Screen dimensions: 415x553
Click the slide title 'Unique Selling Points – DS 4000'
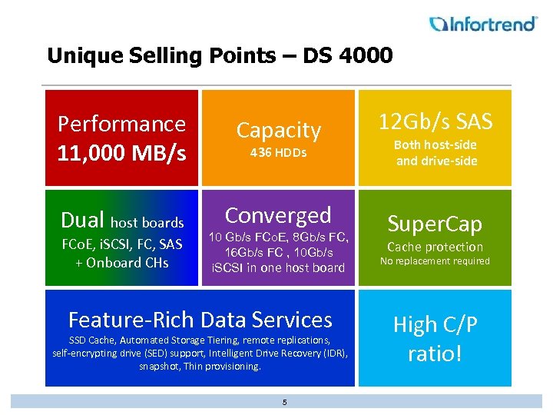pyautogui.click(x=220, y=56)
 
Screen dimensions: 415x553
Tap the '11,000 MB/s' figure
pyautogui.click(x=121, y=153)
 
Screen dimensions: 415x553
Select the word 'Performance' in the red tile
pyautogui.click(x=121, y=124)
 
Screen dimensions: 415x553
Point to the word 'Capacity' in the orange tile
pyautogui.click(x=278, y=130)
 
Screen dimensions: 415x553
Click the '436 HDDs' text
pyautogui.click(x=278, y=153)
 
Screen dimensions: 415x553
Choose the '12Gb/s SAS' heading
pyautogui.click(x=435, y=121)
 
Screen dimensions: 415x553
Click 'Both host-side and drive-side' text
pyautogui.click(x=435, y=153)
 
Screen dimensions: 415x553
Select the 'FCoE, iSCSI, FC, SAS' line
pyautogui.click(x=121, y=245)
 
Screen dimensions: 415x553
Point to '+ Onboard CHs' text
pyautogui.click(x=121, y=262)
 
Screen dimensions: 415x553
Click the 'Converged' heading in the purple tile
pyautogui.click(x=278, y=215)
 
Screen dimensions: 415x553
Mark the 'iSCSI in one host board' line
pyautogui.click(x=278, y=267)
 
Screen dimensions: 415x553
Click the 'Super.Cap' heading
pyautogui.click(x=435, y=224)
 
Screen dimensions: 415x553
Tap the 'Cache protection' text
pyautogui.click(x=435, y=247)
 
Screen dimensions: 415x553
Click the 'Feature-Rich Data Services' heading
pyautogui.click(x=200, y=319)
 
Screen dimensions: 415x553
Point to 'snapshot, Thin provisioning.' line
pyautogui.click(x=200, y=367)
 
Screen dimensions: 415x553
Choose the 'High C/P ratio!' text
pyautogui.click(x=435, y=339)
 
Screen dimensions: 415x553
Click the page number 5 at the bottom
pyautogui.click(x=284, y=402)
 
